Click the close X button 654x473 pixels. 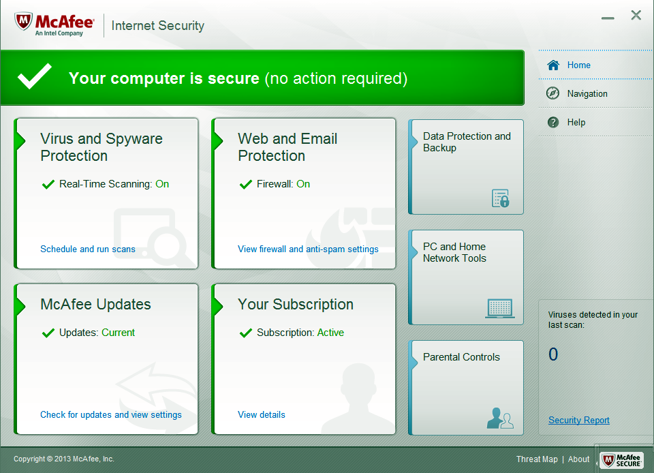[636, 16]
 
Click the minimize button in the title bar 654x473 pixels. [608, 18]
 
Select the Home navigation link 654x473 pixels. [578, 65]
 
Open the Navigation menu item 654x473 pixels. [587, 94]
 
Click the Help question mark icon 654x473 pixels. [553, 122]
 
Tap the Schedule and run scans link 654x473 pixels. [88, 249]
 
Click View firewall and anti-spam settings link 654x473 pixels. [308, 249]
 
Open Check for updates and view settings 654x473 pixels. [110, 414]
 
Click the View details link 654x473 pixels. [261, 414]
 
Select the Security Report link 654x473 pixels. [579, 420]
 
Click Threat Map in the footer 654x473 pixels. [537, 459]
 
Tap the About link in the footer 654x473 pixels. [578, 459]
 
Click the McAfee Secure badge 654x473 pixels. [621, 460]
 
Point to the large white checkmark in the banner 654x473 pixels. [34, 77]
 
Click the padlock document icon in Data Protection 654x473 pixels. [501, 198]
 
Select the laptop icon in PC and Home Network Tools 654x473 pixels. [499, 309]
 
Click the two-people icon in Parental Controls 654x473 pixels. [500, 418]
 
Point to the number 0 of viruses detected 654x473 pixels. [553, 354]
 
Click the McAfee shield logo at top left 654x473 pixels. [23, 21]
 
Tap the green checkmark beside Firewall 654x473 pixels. [246, 184]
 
